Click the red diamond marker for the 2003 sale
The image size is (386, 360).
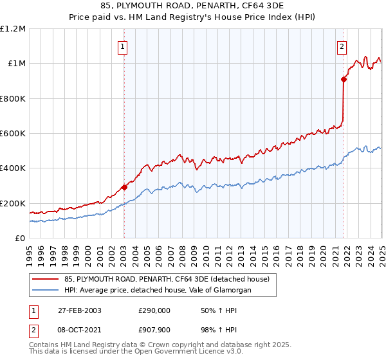124,188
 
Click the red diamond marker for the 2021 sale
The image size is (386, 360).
344,80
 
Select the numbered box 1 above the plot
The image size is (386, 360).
122,46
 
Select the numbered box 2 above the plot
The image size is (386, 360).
342,46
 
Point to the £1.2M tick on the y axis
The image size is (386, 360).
13,29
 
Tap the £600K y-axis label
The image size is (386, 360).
13,134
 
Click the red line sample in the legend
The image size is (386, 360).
45,279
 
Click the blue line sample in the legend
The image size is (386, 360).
45,291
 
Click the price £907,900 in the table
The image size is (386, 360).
155,328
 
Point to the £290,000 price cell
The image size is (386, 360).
155,310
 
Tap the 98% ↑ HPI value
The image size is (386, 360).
211,328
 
